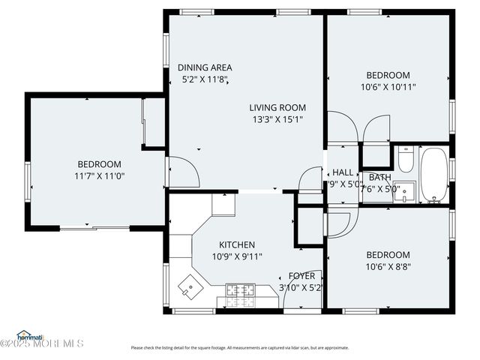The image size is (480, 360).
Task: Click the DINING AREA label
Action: click(205, 67)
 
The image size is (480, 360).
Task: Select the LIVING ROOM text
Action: click(277, 108)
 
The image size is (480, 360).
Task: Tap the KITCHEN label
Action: click(236, 245)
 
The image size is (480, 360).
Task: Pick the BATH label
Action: click(379, 177)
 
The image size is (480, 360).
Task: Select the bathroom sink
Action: click(406, 195)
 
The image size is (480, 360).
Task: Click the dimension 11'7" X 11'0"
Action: click(100, 176)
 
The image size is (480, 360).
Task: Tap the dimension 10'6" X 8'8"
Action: click(388, 266)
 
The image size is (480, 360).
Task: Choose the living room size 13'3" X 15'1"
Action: click(277, 119)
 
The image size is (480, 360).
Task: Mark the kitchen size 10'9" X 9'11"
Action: click(236, 256)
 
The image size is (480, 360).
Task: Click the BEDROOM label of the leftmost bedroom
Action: click(100, 164)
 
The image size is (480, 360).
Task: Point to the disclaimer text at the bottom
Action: click(239, 347)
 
